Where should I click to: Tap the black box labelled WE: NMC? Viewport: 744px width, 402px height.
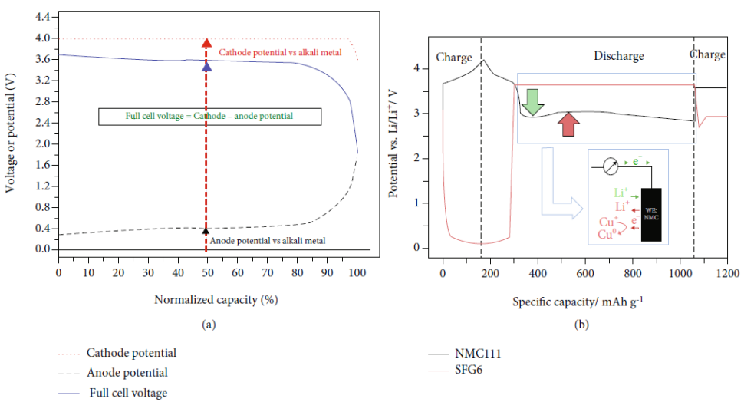(651, 214)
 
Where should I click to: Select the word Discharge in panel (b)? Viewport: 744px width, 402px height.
(619, 56)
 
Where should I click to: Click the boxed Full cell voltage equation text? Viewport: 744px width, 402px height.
(209, 116)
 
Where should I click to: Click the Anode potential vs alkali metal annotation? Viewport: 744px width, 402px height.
(267, 240)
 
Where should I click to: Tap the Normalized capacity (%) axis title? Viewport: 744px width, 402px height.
(215, 299)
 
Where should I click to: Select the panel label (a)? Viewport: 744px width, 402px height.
(208, 325)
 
